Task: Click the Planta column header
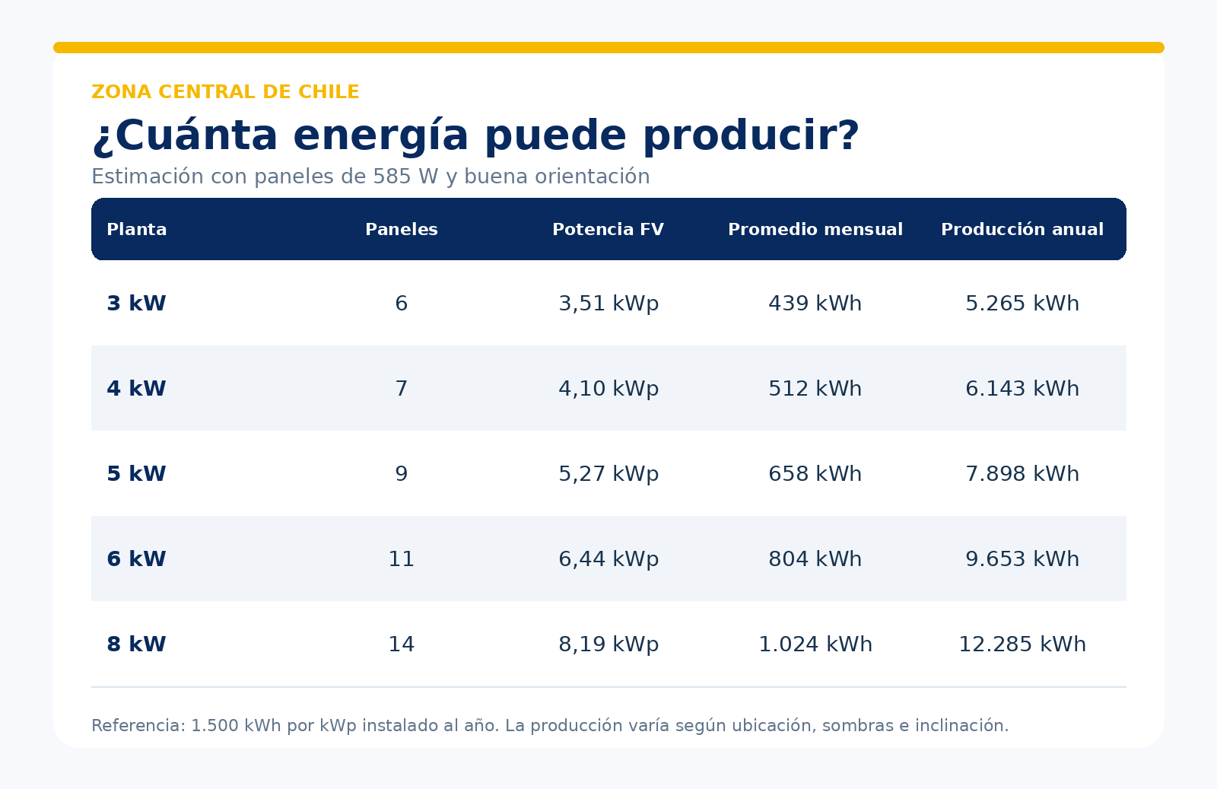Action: (136, 229)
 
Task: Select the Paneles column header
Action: (402, 229)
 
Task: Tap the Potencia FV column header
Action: (608, 229)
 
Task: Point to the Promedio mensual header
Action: (815, 229)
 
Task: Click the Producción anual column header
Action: (1022, 229)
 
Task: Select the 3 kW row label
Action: (136, 304)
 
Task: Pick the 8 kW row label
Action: (136, 644)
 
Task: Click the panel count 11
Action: (402, 558)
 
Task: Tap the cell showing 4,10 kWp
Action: (608, 389)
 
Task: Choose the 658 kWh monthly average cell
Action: (815, 474)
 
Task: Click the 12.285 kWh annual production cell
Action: (1022, 644)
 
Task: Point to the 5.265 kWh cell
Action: (1022, 304)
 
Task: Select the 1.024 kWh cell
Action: (815, 644)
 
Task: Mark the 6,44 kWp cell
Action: (608, 558)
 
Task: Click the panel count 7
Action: (402, 389)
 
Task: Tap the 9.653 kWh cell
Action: (1022, 558)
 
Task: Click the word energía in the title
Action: (380, 136)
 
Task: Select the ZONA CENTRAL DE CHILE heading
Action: (225, 92)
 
